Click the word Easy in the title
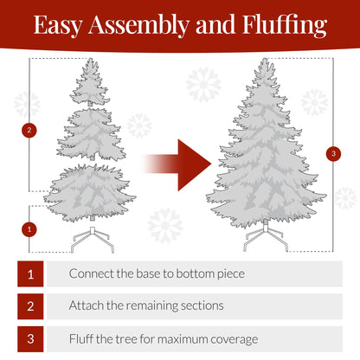[x=58, y=25]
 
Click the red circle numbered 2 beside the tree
[x=30, y=131]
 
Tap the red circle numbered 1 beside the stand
[x=30, y=229]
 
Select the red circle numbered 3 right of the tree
[x=334, y=153]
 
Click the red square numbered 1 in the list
[x=30, y=273]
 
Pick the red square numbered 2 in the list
[x=30, y=305]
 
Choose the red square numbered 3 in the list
[x=30, y=338]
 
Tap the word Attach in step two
[x=87, y=305]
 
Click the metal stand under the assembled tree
[x=266, y=238]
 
